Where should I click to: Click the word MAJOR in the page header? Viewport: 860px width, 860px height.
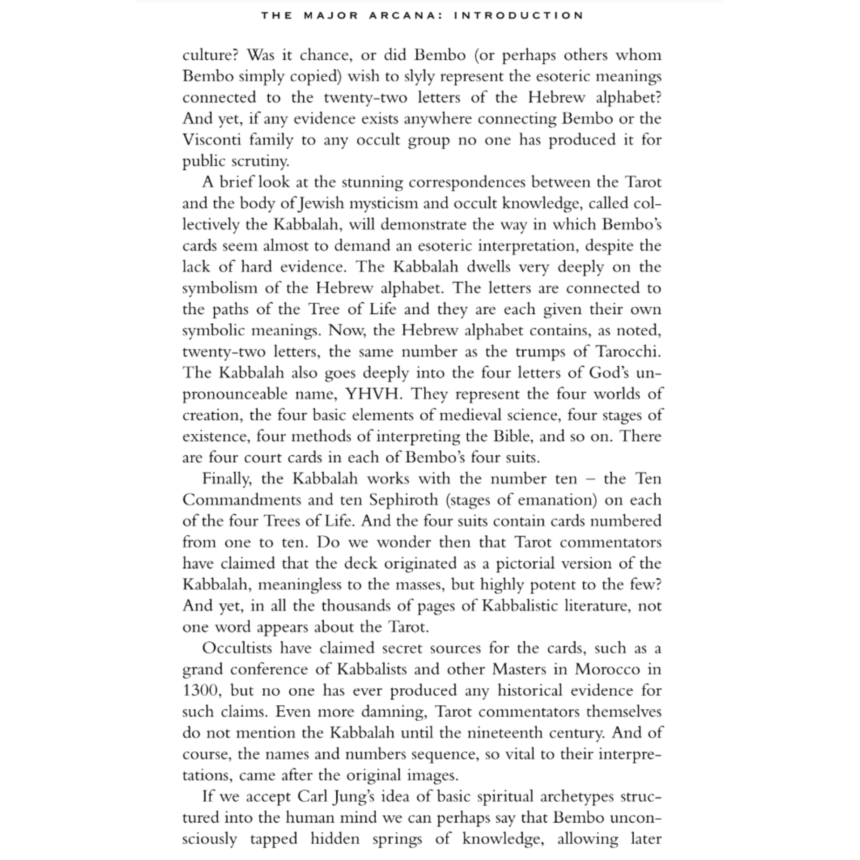[331, 15]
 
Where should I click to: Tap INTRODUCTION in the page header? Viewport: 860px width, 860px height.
[519, 15]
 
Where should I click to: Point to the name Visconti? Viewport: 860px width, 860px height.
[212, 140]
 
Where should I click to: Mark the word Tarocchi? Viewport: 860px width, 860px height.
[628, 352]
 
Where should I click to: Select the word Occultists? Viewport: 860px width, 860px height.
[237, 648]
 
